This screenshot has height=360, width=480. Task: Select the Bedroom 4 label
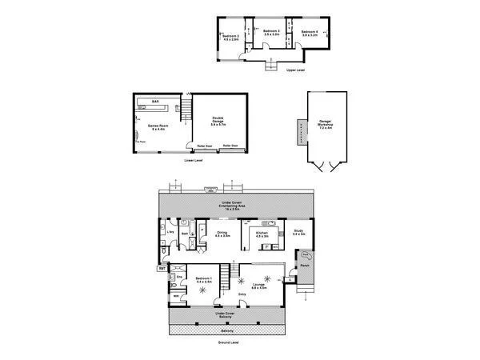(x=310, y=34)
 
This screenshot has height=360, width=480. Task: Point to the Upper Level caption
(x=295, y=70)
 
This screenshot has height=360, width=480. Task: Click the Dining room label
(x=222, y=234)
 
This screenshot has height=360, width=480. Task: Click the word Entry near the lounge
(x=242, y=295)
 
